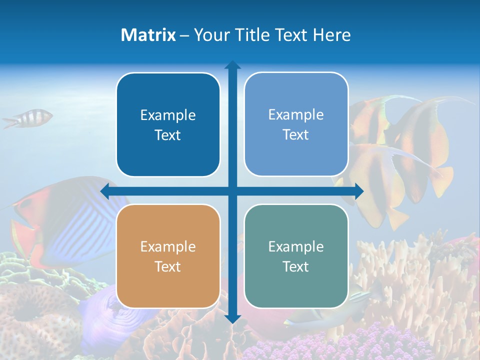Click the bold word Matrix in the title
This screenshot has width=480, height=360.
click(148, 35)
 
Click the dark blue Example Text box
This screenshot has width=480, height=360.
click(168, 124)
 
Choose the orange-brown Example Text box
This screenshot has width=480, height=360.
click(168, 256)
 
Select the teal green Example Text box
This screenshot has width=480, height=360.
click(296, 256)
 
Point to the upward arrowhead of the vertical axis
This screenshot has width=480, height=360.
click(232, 65)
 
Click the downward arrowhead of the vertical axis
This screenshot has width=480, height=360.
click(232, 318)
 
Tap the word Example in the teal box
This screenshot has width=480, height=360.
click(296, 246)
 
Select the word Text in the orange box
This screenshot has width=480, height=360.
click(168, 266)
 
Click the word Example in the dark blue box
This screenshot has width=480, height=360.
click(168, 115)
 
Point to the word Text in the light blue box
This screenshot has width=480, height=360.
click(296, 134)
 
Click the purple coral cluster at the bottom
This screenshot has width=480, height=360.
click(350, 345)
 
